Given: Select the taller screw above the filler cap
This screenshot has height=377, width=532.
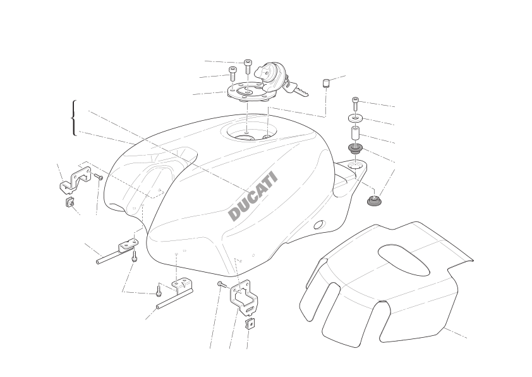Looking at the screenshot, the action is (x=248, y=66).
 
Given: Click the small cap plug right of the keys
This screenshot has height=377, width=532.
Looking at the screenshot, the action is (x=326, y=83).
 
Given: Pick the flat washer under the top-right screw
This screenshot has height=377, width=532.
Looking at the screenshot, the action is (x=355, y=118).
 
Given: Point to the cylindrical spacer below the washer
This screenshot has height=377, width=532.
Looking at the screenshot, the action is (x=355, y=134).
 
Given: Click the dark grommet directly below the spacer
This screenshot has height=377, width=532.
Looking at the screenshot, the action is (x=355, y=149).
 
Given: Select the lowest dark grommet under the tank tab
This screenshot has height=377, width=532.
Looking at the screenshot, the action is (x=375, y=201).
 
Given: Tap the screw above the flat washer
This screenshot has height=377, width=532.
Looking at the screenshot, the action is (x=355, y=103).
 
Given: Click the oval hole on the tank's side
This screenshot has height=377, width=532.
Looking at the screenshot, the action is (x=319, y=225).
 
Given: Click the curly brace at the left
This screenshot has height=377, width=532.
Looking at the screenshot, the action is (x=74, y=118).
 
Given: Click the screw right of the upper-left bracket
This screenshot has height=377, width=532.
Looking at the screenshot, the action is (x=99, y=176).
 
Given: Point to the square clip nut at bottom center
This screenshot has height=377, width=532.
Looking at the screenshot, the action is (x=250, y=324).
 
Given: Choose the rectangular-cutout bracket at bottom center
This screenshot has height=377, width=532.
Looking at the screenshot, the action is (x=244, y=296).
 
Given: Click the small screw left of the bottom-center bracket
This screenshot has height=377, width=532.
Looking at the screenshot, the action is (x=222, y=284).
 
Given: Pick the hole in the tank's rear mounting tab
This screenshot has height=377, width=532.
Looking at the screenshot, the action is (x=355, y=166).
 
